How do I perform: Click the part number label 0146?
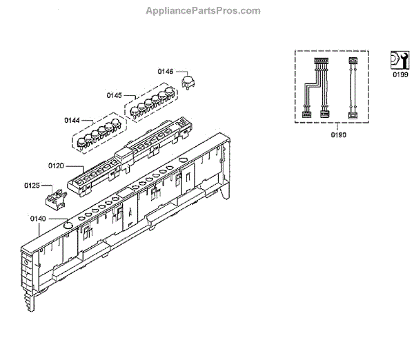click(166, 71)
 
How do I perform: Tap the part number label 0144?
click(73, 120)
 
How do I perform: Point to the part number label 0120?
click(56, 166)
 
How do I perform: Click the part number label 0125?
click(32, 186)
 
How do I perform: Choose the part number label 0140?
click(38, 219)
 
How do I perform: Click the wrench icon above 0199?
click(398, 59)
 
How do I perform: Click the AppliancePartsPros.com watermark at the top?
click(203, 11)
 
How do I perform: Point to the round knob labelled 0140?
click(68, 224)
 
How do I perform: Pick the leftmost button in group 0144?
click(81, 143)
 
